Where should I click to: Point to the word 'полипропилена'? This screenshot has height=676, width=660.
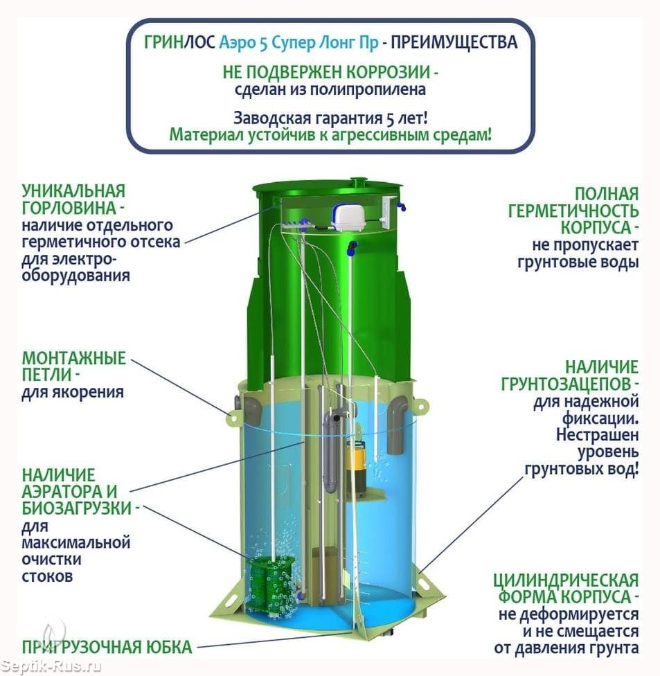(x=382, y=89)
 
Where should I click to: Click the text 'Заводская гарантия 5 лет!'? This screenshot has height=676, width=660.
(x=329, y=116)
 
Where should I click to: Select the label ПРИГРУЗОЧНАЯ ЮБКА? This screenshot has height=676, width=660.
(x=106, y=648)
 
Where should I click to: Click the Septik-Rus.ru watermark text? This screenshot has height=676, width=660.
(x=51, y=666)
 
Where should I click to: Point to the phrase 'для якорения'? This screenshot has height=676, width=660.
(x=73, y=393)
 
